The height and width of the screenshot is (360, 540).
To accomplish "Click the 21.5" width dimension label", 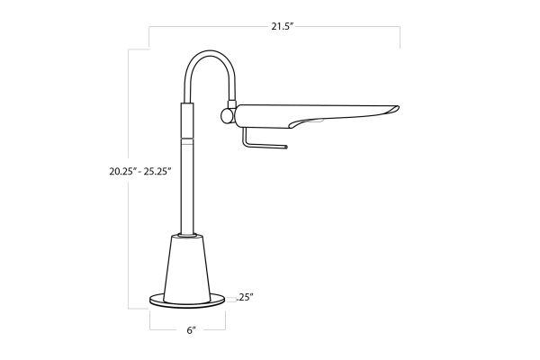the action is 282,26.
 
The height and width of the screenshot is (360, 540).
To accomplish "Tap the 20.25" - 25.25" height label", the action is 140,171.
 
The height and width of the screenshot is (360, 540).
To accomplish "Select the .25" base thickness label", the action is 245,297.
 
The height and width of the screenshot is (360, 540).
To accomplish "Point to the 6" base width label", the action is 191,330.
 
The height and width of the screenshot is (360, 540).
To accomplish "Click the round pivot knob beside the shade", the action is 228,116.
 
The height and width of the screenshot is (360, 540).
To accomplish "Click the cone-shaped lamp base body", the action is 187,270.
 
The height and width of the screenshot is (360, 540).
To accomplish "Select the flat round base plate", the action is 187,301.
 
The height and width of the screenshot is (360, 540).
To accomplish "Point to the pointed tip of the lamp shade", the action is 398,108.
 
